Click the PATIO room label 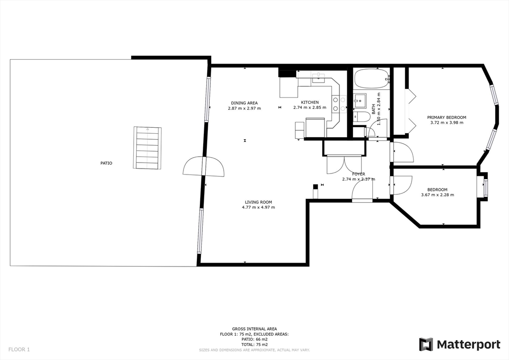(106, 163)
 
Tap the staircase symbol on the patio (147, 148)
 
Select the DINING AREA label (244, 103)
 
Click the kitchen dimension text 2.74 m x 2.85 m (310, 107)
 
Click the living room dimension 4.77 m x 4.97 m (258, 207)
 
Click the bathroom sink (360, 100)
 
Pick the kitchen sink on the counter (319, 78)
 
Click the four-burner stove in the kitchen (339, 104)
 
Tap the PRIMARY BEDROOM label (446, 117)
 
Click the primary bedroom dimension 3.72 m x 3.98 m (447, 123)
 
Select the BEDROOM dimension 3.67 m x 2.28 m (437, 195)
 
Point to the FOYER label (358, 174)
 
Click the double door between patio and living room (203, 167)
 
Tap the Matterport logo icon (426, 345)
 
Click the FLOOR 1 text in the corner (19, 350)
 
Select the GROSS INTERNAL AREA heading (254, 329)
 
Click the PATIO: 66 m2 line (254, 339)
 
